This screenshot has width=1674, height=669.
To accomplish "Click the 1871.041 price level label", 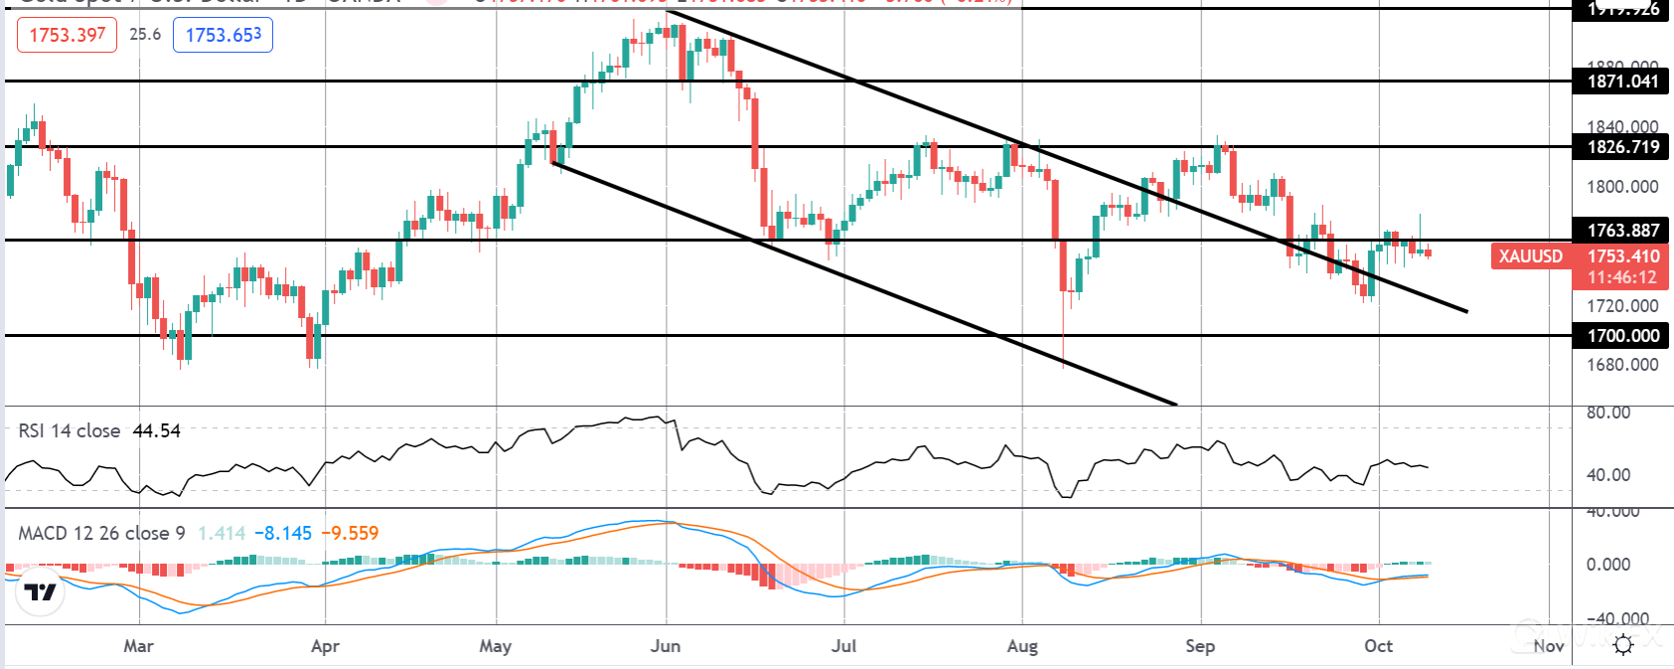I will click(1622, 82).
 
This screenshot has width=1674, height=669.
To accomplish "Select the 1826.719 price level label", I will click(1622, 147).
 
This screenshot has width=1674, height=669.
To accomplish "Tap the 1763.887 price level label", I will click(1622, 231).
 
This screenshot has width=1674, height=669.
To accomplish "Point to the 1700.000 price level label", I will click(1622, 336).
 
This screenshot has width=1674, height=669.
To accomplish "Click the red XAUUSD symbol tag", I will click(1530, 256).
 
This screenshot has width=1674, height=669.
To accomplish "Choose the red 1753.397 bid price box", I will click(67, 35).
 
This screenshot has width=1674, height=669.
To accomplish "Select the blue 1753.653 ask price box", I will click(223, 35).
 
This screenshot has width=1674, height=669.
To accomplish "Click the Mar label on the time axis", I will click(138, 646).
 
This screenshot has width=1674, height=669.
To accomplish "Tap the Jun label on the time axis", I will click(665, 646).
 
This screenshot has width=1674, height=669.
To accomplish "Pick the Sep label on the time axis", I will click(1199, 646).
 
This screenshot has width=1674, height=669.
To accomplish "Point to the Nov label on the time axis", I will click(1548, 646).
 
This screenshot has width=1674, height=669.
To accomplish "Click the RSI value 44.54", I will click(156, 430).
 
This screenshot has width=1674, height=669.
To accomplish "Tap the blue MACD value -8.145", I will click(283, 533).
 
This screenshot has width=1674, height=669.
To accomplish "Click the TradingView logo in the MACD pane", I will click(41, 592).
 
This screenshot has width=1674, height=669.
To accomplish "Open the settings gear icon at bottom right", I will click(1623, 645).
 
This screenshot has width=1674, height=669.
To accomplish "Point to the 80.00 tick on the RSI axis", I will click(1607, 413).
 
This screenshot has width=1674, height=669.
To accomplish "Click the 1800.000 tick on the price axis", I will click(1621, 187).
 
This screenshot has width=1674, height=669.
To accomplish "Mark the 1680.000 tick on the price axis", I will click(1621, 365).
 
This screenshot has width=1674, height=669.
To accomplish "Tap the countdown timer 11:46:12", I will click(1621, 277).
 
